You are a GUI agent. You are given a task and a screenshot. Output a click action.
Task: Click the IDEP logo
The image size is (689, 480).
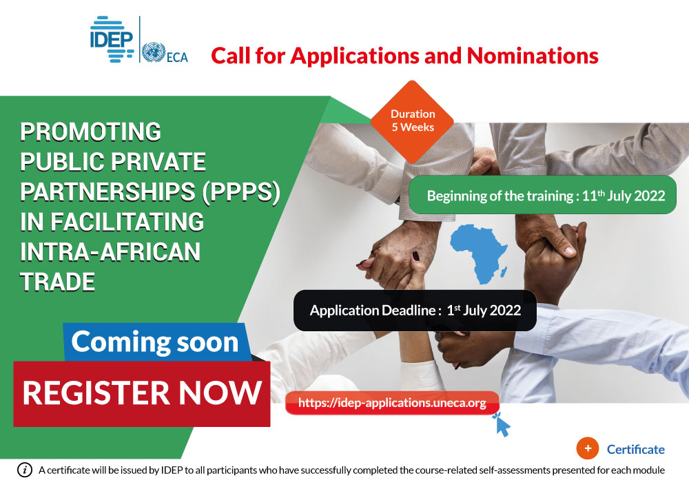pos(112,39)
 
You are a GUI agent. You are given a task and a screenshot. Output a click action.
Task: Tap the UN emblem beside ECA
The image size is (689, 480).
pos(154,52)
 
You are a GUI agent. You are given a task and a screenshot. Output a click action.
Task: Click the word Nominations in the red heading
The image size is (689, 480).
pos(532,56)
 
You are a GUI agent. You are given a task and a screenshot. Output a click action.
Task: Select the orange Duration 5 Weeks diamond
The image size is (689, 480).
pos(412,121)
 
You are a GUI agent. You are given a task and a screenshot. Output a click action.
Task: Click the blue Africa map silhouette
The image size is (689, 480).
pos(479,253)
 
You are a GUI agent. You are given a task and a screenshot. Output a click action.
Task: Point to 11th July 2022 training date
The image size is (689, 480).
pos(624,196)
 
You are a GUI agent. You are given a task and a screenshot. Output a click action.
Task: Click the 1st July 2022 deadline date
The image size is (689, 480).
pos(484,310)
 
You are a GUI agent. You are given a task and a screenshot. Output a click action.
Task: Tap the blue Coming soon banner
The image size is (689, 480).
pos(156,342)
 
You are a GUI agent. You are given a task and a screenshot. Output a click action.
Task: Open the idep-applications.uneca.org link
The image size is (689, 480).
pos(392,403)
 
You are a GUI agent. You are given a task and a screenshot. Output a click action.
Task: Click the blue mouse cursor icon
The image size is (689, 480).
pos(502,424)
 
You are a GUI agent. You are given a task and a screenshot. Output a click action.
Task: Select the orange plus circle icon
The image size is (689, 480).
pos(588,448)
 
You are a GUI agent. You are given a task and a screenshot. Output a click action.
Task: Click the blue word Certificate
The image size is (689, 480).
pos(635,449)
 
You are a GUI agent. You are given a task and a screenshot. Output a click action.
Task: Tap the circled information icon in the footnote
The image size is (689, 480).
pos(25,470)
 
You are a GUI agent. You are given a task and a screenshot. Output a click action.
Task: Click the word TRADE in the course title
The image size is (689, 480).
pos(58,282)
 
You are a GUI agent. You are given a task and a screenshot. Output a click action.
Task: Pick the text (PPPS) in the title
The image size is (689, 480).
pos(240,192)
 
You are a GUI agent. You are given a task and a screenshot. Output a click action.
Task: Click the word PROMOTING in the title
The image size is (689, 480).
pos(90,132)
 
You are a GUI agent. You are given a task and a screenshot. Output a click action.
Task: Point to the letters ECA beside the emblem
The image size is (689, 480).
pos(177,58)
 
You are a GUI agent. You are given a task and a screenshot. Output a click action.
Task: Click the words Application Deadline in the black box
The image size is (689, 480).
pos(373,310)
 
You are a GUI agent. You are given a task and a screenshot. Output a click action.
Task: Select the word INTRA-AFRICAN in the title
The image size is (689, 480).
pos(110,251)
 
